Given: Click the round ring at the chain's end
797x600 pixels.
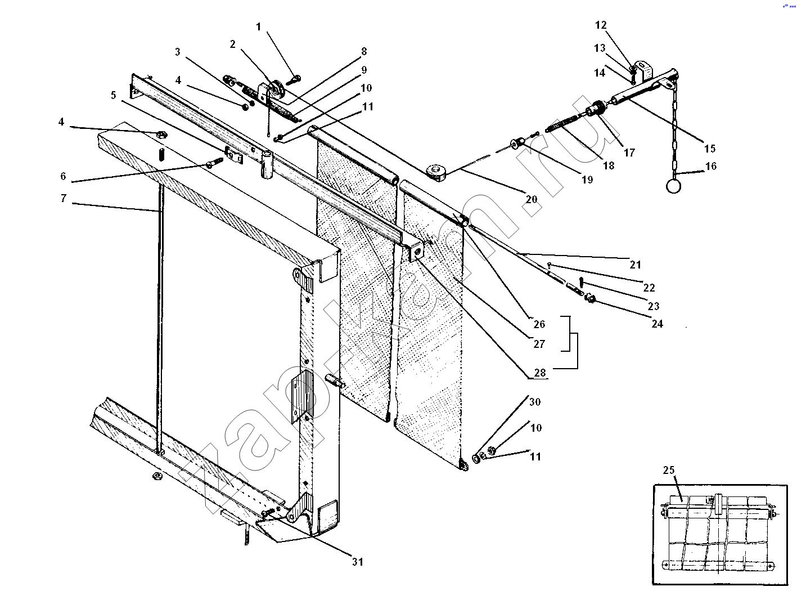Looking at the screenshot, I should [673, 186].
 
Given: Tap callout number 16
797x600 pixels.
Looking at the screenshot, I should [711, 166].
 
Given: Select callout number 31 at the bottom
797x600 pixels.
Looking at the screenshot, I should [358, 561].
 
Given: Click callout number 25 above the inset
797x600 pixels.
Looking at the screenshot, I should [669, 470].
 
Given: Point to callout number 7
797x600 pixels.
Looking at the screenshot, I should [64, 198].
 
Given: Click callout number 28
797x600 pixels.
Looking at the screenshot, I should [539, 373].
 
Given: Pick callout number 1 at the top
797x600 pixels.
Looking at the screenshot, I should [259, 26].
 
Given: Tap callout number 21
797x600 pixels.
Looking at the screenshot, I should [636, 265].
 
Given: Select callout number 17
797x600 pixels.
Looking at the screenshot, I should [629, 152].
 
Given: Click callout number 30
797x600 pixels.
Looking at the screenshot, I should [534, 402].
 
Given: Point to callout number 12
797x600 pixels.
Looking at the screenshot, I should [601, 25].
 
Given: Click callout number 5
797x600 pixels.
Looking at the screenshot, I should [114, 95].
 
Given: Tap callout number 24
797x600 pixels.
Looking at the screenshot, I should [657, 324].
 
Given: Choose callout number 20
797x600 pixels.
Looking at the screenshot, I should [532, 199].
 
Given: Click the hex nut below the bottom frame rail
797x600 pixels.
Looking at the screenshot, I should [157, 477].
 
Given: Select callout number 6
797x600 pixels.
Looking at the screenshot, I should [63, 176].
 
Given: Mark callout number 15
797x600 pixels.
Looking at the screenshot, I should [709, 149].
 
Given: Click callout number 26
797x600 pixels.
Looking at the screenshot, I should [539, 324].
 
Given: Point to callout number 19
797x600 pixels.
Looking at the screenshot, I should [587, 180].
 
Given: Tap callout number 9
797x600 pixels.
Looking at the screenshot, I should [364, 70].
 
